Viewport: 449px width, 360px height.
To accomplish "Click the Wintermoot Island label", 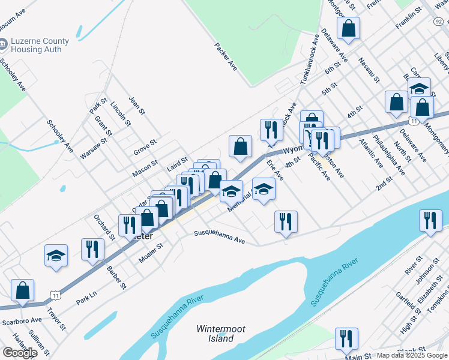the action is click(x=215, y=334).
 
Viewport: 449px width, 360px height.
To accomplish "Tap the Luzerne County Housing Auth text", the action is click(x=40, y=46).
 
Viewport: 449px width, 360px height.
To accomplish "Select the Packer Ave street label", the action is click(x=226, y=56).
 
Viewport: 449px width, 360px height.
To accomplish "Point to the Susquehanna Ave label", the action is click(x=219, y=238).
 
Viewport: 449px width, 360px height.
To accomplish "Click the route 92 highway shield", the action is click(x=438, y=21).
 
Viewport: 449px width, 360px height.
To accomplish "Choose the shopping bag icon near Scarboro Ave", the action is click(x=22, y=290).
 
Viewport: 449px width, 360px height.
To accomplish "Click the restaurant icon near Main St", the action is click(x=346, y=338).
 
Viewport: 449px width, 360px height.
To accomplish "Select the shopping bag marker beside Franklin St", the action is click(x=348, y=28).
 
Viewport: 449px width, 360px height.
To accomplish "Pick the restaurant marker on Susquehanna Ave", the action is click(x=286, y=221).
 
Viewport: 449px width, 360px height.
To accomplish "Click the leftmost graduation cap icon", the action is click(x=56, y=255).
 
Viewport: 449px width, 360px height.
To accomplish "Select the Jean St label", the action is click(x=137, y=105).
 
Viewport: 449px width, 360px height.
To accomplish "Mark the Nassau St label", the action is click(x=369, y=70).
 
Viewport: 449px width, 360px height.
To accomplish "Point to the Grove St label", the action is click(x=145, y=147).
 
